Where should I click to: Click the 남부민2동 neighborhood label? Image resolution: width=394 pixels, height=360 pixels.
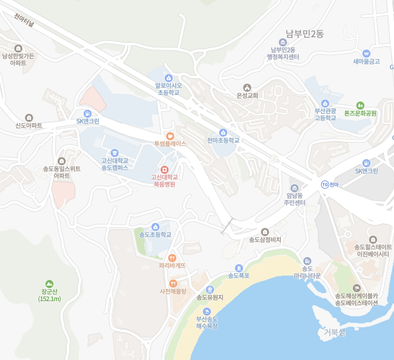point(304,34)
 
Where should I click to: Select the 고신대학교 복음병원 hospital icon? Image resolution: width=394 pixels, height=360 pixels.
point(164,169)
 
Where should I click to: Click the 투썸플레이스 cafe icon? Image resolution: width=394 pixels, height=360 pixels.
point(170,136)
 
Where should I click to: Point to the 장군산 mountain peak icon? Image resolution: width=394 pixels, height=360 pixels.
point(49,284)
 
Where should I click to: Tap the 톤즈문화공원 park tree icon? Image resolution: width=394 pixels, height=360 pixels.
point(360,105)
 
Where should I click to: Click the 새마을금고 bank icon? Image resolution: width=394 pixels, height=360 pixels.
point(366,53)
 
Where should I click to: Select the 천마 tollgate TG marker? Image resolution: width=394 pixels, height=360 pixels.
point(324,184)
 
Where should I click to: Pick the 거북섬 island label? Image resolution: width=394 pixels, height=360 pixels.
point(335,332)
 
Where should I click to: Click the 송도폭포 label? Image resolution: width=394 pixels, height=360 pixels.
point(239,276)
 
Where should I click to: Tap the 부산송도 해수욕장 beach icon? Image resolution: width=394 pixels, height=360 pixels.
point(207,311)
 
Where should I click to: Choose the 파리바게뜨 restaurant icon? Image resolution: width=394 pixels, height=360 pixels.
point(172,258)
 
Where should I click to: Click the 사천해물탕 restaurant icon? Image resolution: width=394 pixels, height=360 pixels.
point(173,284)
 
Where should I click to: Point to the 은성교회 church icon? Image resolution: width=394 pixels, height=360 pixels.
point(248,87)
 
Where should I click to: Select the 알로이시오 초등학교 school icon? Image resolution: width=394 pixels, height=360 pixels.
point(169,78)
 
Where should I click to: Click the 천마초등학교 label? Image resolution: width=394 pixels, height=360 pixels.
point(223,140)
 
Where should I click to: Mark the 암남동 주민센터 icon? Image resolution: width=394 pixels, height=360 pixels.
point(294,188)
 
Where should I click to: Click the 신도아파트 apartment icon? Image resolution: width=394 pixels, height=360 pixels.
point(29,118)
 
